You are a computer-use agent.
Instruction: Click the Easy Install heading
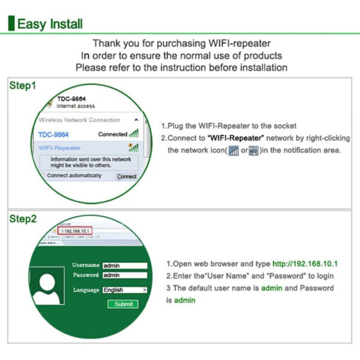pos(50,24)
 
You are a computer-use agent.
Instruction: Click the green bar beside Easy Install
pos(10,24)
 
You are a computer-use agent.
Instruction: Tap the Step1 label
pos(23,86)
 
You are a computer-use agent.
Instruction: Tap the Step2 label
pos(23,219)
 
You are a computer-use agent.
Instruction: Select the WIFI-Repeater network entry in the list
pos(60,148)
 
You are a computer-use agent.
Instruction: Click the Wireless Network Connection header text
pos(79,120)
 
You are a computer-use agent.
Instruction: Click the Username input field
pos(124,265)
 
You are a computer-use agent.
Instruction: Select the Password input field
pos(124,275)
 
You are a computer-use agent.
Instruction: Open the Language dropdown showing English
pos(124,290)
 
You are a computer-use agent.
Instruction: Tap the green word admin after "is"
pos(184,300)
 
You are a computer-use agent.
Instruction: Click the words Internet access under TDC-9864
pos(76,106)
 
